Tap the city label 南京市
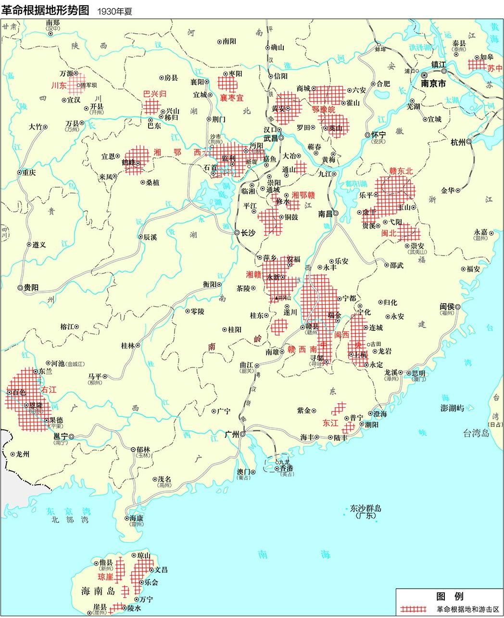coord(433,83)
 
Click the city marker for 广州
coord(243,434)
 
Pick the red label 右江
coord(49,389)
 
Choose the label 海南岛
coord(98,590)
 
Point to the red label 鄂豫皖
coord(324,109)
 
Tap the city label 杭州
coord(458,142)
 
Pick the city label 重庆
coord(28,172)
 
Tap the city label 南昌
coord(326,214)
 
